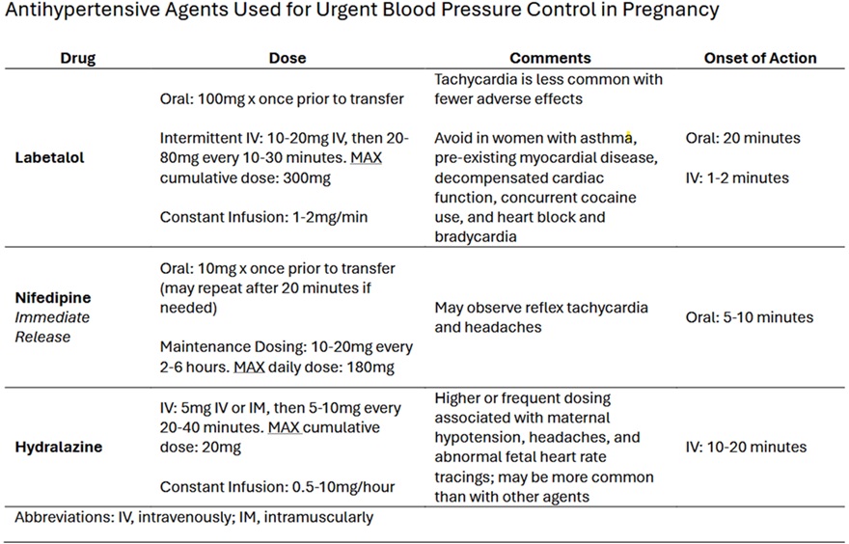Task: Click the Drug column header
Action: [78, 58]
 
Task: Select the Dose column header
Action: [287, 58]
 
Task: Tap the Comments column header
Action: [550, 58]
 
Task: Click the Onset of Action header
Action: [760, 58]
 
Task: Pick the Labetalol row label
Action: [50, 157]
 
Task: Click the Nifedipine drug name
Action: [53, 298]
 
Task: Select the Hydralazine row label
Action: [58, 447]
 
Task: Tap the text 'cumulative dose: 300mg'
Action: [241, 177]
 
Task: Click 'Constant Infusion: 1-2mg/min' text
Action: [263, 217]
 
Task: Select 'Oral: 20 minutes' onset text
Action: [743, 138]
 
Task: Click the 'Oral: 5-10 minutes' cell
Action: [749, 317]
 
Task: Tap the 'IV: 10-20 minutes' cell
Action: [746, 447]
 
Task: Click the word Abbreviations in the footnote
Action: [63, 517]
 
